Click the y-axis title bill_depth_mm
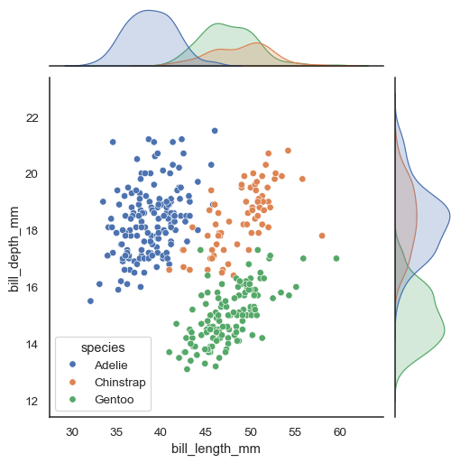pos(14,247)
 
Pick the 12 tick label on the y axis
pos(31,401)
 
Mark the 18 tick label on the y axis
pos(31,230)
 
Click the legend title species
pos(102,347)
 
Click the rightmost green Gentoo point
pos(336,258)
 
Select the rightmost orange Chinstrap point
pos(322,236)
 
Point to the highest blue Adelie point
pos(215,131)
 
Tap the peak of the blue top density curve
pos(147,11)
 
